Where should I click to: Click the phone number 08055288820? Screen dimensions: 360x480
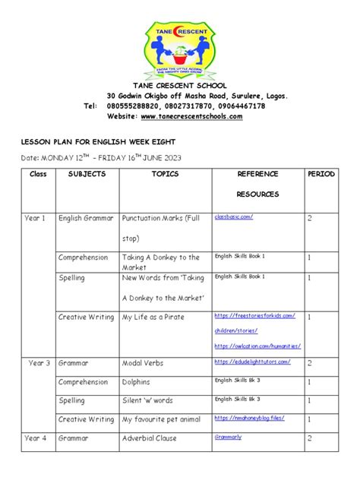tap(134, 106)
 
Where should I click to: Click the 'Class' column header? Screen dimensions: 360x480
tap(38, 175)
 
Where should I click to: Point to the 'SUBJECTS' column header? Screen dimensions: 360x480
tap(87, 175)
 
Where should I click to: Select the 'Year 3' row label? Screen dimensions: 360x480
tap(39, 363)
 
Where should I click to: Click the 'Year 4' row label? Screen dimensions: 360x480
tap(36, 438)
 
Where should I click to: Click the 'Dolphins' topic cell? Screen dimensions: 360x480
tap(137, 382)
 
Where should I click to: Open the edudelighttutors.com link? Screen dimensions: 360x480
tap(252, 362)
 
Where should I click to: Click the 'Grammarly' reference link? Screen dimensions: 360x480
tap(229, 437)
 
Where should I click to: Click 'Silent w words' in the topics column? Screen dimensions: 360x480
tap(148, 400)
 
